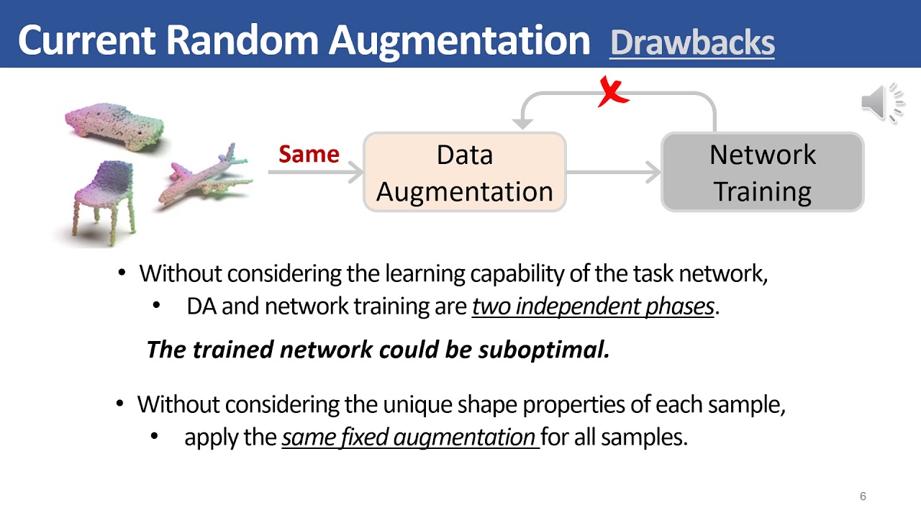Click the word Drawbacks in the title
coord(692,43)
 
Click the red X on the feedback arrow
coord(613,93)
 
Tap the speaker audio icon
coord(881,103)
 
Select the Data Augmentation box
coord(465,173)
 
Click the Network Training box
coord(762,173)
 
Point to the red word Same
coord(309,155)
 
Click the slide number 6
coord(863,496)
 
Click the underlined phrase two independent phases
coord(593,306)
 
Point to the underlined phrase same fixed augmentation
coord(409,437)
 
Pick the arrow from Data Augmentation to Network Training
coord(613,173)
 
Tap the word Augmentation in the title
coord(459,40)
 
